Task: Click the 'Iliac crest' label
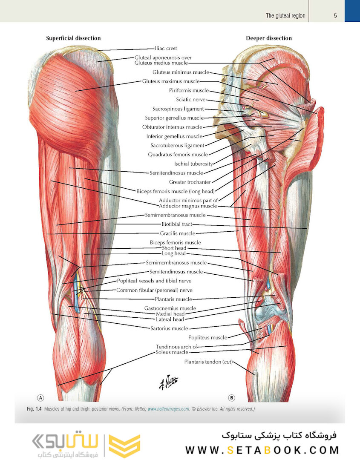166,49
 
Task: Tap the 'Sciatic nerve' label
191,99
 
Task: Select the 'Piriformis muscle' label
189,90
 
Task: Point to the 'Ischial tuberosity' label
193,164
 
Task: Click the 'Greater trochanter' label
190,182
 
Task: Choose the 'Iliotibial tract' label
177,224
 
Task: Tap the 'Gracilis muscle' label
178,233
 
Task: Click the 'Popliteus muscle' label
208,338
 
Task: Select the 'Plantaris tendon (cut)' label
208,362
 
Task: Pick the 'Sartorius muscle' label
169,328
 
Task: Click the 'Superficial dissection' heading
73,38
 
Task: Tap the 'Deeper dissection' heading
269,38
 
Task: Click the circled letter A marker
40,398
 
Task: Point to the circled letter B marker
231,398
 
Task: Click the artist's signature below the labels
169,382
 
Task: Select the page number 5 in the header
335,16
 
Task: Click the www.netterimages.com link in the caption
168,409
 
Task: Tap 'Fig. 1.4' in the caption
35,409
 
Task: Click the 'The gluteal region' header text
285,16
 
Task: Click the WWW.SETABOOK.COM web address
262,450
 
